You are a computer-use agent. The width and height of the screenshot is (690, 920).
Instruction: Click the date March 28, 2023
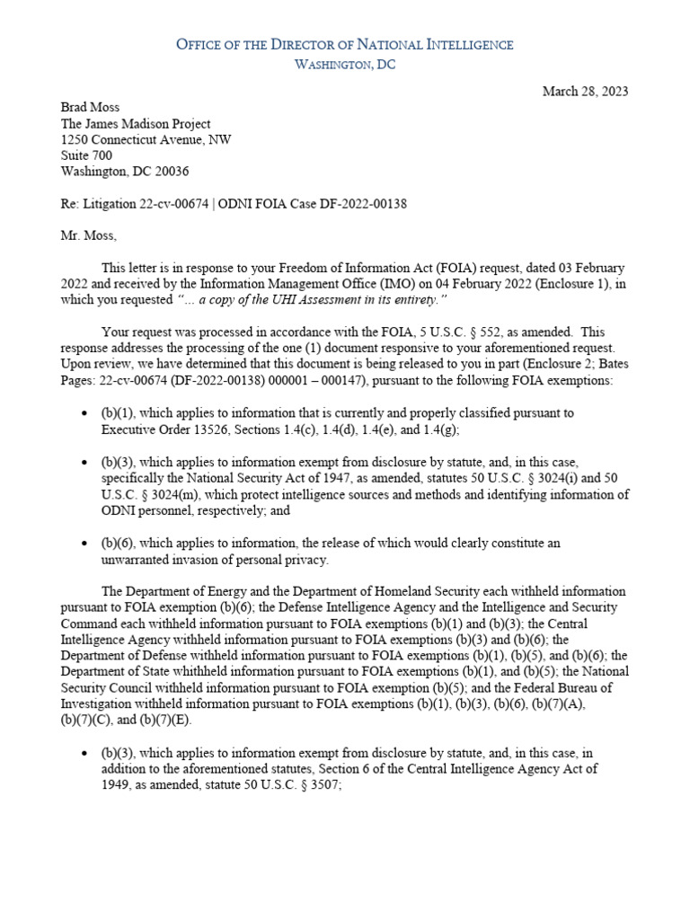tap(586, 92)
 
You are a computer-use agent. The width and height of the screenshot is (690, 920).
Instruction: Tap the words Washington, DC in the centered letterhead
tap(345, 65)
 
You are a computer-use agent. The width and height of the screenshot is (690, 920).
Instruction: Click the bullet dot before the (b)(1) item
tap(83, 413)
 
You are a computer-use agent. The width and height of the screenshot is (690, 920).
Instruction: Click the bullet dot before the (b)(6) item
tap(83, 544)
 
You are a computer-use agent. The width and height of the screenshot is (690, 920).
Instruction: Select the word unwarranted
tap(140, 560)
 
